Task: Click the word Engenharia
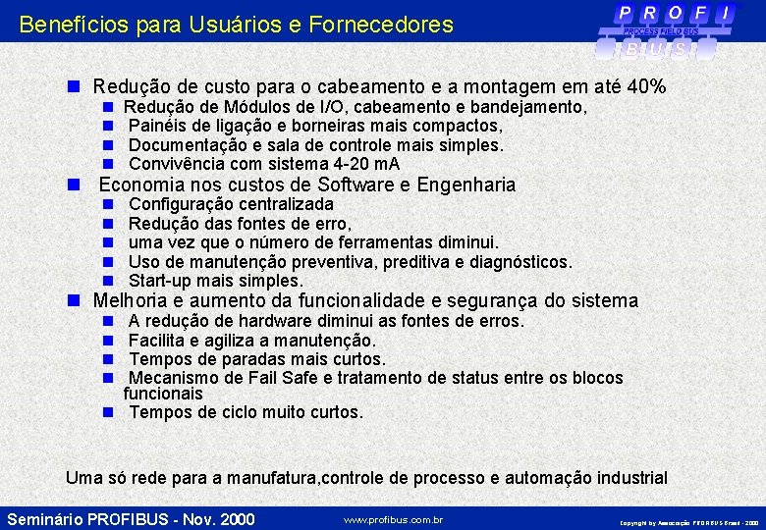[x=466, y=185]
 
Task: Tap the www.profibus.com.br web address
[x=393, y=519]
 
